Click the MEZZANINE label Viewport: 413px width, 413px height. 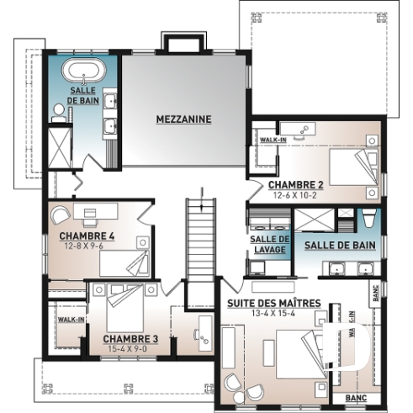[183, 119]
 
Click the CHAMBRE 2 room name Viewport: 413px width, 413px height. [295, 185]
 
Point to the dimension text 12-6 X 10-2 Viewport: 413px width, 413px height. [295, 195]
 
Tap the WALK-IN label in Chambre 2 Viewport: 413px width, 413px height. [271, 140]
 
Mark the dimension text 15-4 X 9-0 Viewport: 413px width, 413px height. [130, 348]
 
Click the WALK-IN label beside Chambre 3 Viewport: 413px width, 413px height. [66, 320]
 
